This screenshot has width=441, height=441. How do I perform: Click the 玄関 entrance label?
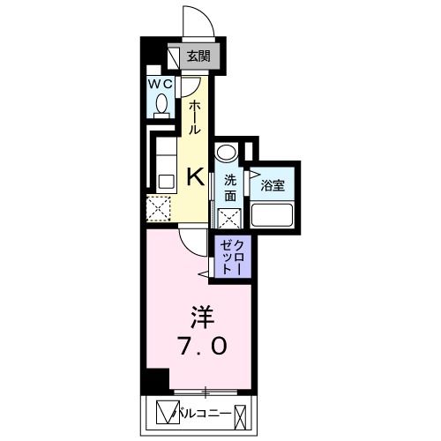[x=198, y=56]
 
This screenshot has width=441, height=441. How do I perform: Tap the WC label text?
[x=160, y=83]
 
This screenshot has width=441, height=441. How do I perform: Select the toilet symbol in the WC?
[x=161, y=105]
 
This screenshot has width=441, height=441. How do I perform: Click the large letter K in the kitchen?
[x=195, y=176]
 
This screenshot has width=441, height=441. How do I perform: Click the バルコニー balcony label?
[x=207, y=413]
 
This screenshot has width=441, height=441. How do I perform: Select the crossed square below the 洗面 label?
[x=227, y=217]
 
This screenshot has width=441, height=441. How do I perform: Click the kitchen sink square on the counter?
[x=165, y=181]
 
